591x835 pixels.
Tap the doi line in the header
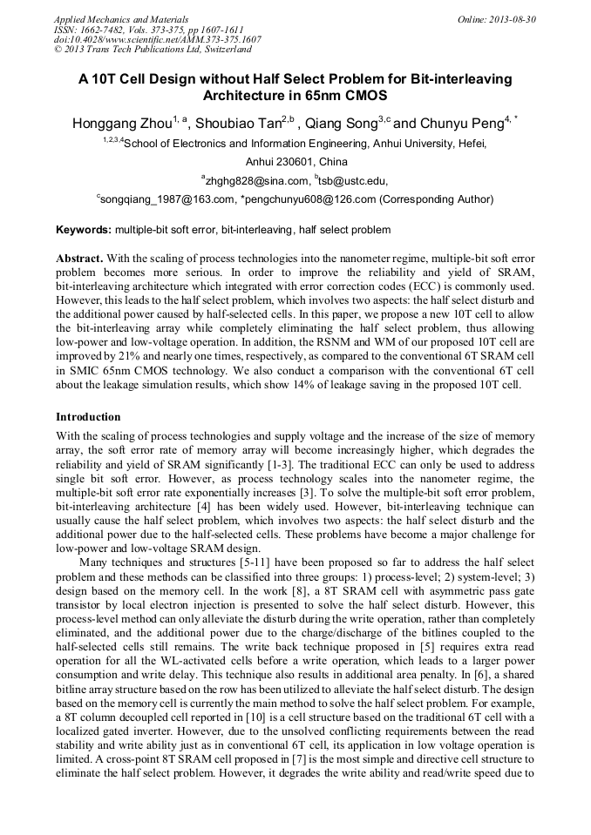157,40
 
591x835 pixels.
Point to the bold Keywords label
83,230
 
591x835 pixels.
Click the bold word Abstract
79,260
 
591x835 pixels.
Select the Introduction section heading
88,417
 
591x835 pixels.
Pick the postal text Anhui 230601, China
295,162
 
